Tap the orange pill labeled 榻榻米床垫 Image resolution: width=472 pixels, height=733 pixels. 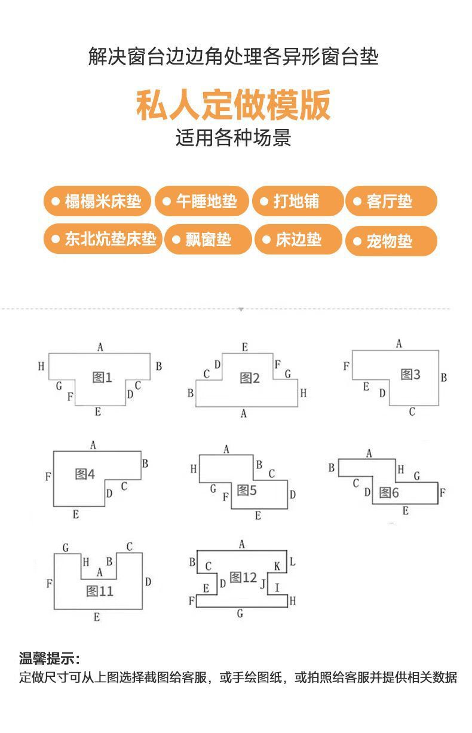click(x=97, y=201)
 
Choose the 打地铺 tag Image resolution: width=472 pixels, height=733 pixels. click(x=298, y=201)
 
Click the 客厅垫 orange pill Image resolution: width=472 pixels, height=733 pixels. click(x=391, y=201)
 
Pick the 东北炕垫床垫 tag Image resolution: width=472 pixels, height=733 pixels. click(x=103, y=239)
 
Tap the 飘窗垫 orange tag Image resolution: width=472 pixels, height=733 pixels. click(x=208, y=240)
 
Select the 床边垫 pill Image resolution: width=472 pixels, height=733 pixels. click(x=298, y=240)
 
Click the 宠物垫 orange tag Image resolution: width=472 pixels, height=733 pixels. click(x=391, y=241)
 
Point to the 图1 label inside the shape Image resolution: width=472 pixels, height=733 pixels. click(x=102, y=377)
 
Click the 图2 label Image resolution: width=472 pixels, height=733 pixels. click(x=250, y=378)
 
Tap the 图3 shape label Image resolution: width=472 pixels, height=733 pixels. click(x=410, y=375)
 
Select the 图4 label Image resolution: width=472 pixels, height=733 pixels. click(x=85, y=474)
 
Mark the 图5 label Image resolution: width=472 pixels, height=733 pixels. click(x=247, y=490)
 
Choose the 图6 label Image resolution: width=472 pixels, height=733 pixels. click(x=389, y=493)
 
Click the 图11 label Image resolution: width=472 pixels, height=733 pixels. click(x=100, y=591)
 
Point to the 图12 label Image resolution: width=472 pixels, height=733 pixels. click(x=243, y=578)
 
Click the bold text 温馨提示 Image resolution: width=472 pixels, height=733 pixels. click(x=49, y=659)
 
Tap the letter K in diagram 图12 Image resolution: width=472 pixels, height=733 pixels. click(x=277, y=566)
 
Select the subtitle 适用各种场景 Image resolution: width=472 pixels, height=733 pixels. click(x=233, y=138)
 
